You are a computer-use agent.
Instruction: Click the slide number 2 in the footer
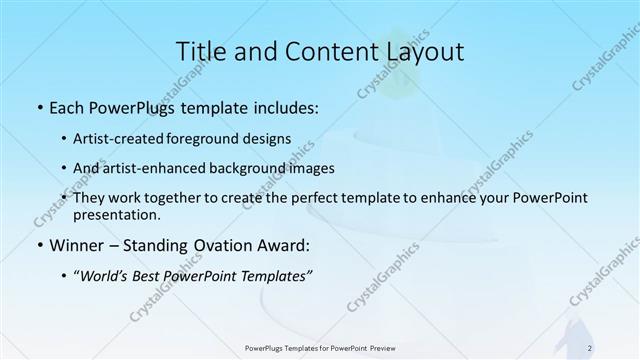click(x=590, y=348)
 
